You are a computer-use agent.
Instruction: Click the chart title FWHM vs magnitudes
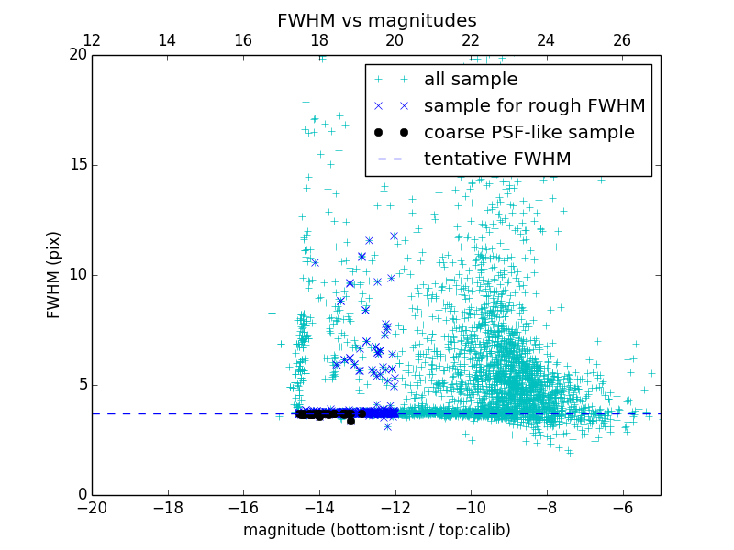tap(376, 20)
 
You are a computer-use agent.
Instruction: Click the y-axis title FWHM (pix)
tap(54, 274)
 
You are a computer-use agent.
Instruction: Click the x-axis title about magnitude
tap(376, 530)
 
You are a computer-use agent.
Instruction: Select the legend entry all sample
tap(471, 80)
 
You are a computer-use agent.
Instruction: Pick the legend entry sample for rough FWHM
tap(534, 106)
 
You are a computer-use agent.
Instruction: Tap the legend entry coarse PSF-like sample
tap(528, 133)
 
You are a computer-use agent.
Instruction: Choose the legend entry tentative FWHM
tap(497, 159)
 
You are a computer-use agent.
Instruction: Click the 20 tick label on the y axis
tap(78, 55)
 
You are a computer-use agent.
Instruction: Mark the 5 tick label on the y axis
tap(82, 385)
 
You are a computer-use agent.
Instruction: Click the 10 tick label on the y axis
tap(78, 275)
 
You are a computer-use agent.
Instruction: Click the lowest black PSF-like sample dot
tap(350, 421)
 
